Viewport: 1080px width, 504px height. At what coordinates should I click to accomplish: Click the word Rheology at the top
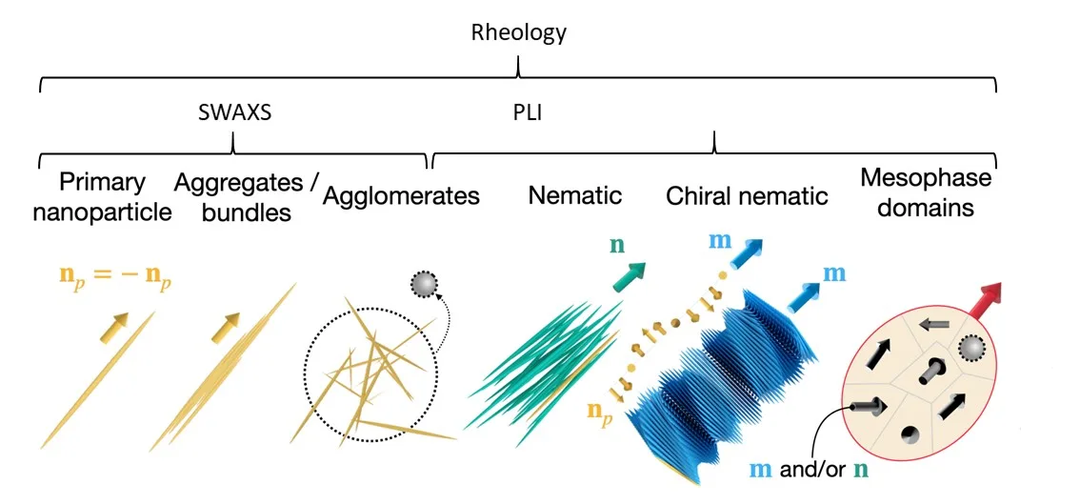[x=518, y=32]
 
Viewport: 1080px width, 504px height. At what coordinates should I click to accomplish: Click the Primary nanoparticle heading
[x=102, y=196]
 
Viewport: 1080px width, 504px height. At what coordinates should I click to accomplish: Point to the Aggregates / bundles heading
[x=246, y=196]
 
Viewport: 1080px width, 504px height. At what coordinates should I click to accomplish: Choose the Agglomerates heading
[x=401, y=196]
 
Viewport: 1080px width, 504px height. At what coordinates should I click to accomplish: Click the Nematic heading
[x=574, y=196]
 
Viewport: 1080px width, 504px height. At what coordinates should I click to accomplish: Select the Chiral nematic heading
[x=747, y=196]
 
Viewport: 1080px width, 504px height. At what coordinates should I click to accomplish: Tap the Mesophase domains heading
[x=926, y=192]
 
